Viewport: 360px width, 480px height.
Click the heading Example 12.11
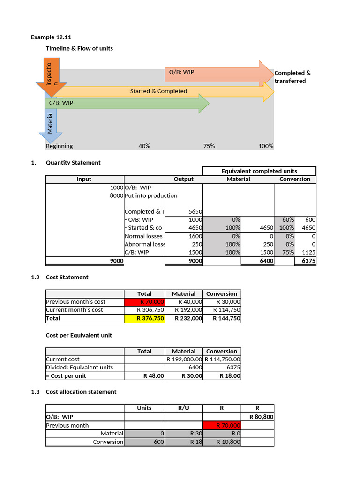coord(51,37)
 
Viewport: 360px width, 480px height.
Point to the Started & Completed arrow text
coord(158,91)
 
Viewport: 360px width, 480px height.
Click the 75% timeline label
coord(209,146)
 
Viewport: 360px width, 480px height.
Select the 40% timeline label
coord(144,146)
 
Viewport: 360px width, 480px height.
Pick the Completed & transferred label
coord(292,77)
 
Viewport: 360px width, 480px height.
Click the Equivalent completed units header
coord(259,171)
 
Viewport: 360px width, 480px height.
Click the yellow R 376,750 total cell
coord(144,318)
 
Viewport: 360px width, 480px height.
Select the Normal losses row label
coord(143,236)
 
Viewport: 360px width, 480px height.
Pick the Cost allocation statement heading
coord(81,391)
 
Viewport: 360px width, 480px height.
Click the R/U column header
coord(183,408)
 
